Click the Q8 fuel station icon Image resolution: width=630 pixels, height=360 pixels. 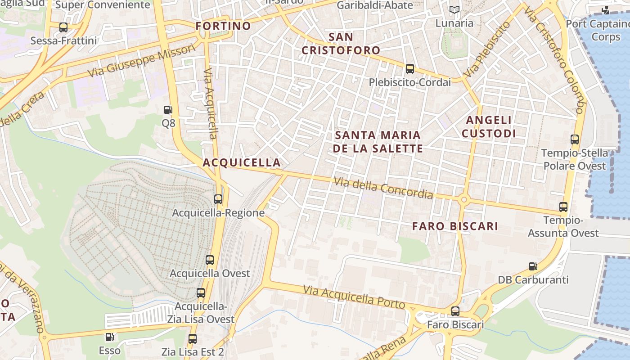tap(168, 109)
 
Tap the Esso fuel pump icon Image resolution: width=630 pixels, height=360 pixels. tap(109, 337)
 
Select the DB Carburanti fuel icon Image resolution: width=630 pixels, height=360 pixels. tap(533, 266)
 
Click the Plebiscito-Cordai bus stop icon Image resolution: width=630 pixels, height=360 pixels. tap(409, 69)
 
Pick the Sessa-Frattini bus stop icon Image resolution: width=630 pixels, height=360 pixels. tap(63, 27)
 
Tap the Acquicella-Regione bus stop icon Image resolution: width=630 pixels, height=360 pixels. tap(218, 199)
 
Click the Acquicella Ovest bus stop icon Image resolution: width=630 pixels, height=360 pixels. tap(210, 260)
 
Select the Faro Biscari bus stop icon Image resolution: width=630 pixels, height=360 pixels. tap(455, 311)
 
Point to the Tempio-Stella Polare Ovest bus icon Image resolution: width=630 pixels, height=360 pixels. tap(575, 139)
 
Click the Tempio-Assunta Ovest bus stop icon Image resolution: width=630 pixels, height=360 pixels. tap(563, 207)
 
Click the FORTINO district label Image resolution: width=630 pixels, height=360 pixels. tap(223, 26)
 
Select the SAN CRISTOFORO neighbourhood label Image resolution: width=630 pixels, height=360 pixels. tap(341, 43)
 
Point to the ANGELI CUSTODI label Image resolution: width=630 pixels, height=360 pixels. tap(489, 126)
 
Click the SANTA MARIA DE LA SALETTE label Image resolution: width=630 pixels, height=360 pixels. tap(378, 141)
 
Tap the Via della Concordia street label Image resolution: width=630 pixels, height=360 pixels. tap(383, 188)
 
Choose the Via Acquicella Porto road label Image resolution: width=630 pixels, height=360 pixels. tap(354, 297)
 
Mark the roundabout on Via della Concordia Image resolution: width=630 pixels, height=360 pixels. tap(464, 199)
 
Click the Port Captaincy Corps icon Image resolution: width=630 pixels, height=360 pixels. tap(606, 10)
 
